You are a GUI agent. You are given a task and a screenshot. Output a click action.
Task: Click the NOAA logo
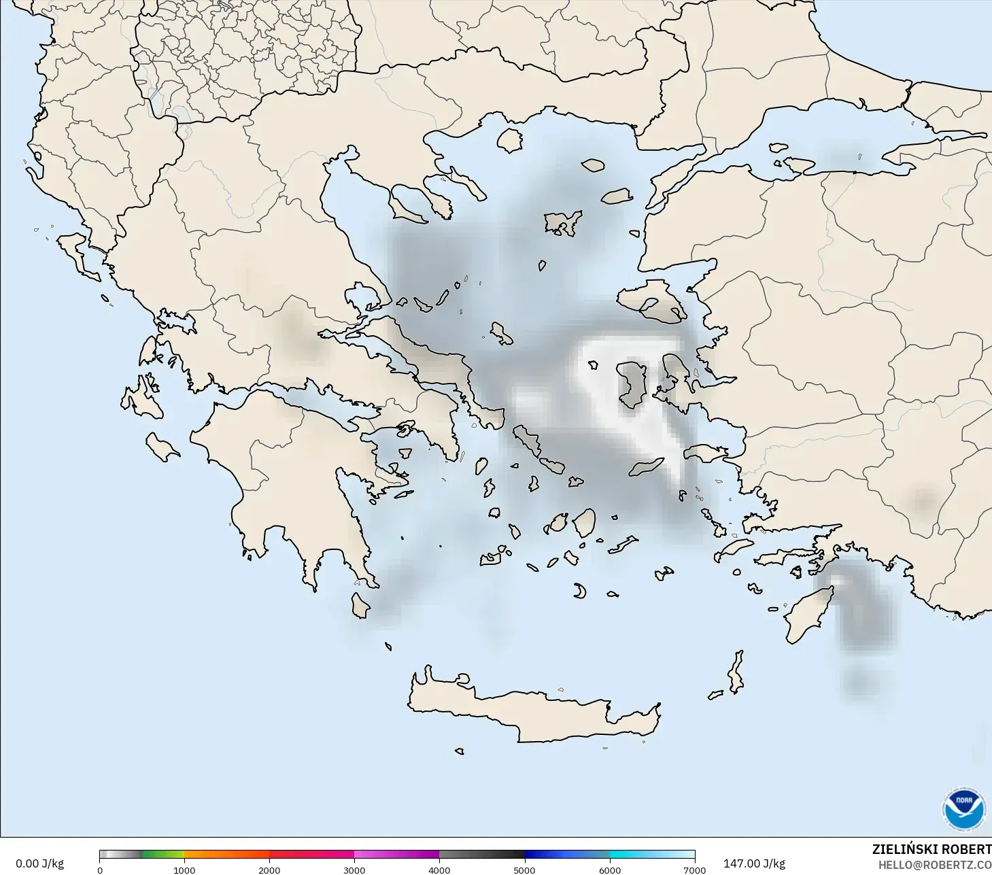963,809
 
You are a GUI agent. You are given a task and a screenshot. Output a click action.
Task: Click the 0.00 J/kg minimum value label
39,863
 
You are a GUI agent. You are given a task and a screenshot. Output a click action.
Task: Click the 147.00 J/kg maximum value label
754,863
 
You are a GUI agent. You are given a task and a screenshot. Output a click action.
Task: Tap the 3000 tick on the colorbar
354,870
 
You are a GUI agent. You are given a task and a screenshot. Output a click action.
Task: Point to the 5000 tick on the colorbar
524,870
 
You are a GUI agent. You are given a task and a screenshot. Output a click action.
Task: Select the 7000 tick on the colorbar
694,870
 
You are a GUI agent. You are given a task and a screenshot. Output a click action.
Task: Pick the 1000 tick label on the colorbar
184,870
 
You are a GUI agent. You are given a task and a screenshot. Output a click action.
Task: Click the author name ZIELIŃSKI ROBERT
931,849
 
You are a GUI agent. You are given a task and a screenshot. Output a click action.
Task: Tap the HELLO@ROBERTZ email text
934,865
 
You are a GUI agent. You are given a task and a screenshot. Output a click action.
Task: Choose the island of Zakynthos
162,447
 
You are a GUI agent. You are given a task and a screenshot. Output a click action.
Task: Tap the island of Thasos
509,140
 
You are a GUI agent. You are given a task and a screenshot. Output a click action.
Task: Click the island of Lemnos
563,222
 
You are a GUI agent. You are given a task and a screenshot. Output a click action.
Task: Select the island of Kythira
360,604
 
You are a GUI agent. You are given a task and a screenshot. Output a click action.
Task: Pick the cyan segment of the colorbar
651,855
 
